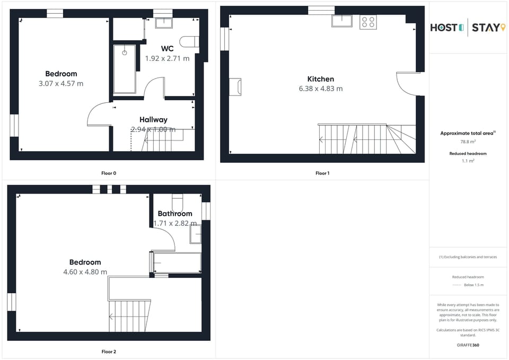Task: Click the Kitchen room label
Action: (x=320, y=79)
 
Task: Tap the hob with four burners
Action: (x=368, y=22)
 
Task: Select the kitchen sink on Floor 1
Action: (x=342, y=21)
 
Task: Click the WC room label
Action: (x=167, y=49)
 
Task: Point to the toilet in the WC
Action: (x=189, y=41)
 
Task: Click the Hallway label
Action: (x=153, y=120)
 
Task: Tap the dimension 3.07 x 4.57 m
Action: (x=61, y=84)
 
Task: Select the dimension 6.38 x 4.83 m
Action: (x=320, y=89)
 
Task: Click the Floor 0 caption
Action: (x=109, y=173)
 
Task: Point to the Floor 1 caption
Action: (x=322, y=173)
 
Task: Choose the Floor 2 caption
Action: (x=109, y=352)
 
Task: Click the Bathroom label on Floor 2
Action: (x=175, y=214)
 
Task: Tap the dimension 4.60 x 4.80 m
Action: (x=85, y=272)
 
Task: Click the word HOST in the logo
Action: (x=443, y=28)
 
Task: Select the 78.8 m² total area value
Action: (x=468, y=142)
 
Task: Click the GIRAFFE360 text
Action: (x=468, y=345)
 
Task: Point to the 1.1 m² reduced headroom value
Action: (x=468, y=160)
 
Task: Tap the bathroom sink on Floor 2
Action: (x=196, y=234)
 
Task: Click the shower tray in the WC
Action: (x=125, y=69)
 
